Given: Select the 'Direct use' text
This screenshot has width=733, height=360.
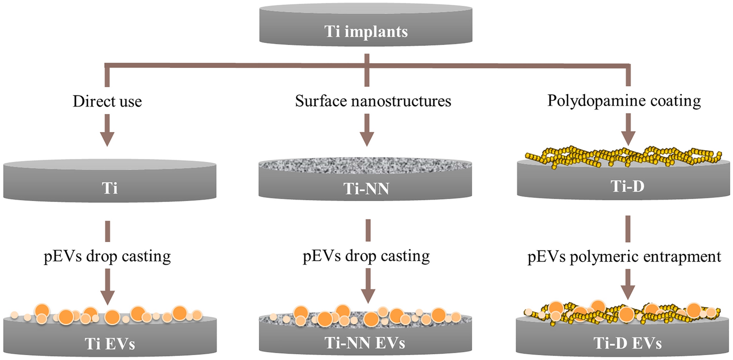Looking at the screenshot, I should [107, 102].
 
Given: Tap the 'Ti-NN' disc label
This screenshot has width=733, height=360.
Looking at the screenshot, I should [366, 188].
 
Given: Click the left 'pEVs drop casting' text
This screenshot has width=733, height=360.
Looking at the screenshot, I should [107, 256].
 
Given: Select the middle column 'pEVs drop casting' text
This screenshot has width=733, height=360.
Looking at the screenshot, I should [366, 256].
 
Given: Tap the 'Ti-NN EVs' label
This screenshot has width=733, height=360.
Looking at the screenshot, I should [366, 343].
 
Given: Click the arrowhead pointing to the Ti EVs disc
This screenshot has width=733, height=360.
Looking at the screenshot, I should [107, 295].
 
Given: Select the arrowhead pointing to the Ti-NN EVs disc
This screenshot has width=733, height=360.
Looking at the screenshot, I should [366, 295].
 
